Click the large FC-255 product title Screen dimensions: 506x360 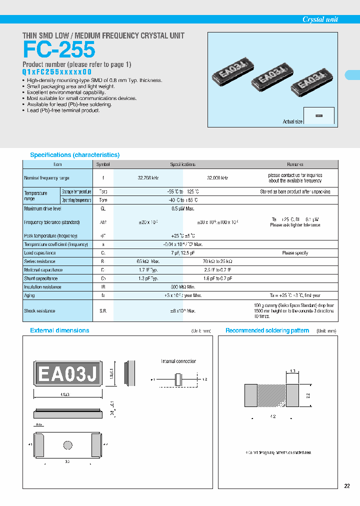pos(59,50)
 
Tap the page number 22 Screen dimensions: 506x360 pos(347,486)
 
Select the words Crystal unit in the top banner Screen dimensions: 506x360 pos(320,19)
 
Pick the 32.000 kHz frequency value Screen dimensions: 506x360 pos(217,178)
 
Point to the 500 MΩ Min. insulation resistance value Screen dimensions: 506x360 pos(183,287)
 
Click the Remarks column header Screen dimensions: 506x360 pos(294,164)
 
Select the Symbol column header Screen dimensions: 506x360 pos(103,164)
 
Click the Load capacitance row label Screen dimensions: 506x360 pos(40,253)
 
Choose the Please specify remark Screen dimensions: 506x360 pos(295,253)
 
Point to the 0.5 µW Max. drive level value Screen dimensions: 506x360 pos(183,208)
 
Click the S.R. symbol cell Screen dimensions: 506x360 pos(103,311)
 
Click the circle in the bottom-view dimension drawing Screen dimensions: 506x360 pos(67,445)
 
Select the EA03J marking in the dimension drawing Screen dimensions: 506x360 pos(68,374)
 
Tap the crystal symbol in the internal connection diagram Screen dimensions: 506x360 pos(177,379)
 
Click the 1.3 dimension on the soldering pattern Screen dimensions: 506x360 pos(292,371)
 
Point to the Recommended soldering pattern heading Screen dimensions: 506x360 pos(267,330)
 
